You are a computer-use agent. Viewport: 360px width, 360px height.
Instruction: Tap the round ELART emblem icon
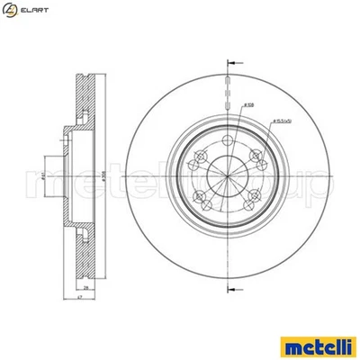pos(13,12)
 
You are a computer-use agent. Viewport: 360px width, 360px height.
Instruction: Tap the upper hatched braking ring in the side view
pos(84,90)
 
